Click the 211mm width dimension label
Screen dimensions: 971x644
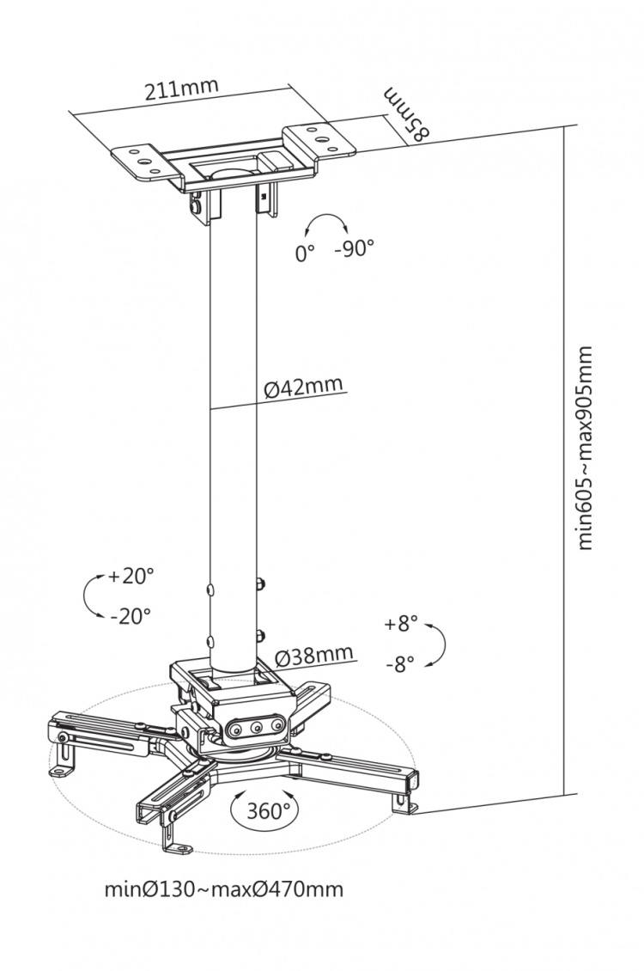tap(181, 89)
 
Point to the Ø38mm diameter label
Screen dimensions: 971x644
tap(314, 656)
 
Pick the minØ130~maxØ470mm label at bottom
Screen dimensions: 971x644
tap(223, 889)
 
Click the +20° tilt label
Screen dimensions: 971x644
tap(131, 577)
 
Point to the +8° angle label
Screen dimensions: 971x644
tap(400, 624)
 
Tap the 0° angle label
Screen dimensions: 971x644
tap(305, 253)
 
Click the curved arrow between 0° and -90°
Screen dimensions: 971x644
tap(325, 223)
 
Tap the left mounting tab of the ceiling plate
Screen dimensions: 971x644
tap(140, 159)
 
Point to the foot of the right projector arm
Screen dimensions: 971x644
tap(403, 803)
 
